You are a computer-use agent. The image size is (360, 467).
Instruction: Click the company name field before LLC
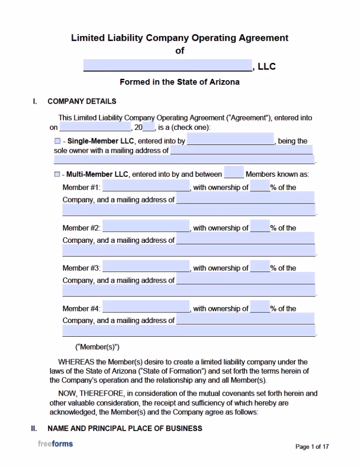coord(168,65)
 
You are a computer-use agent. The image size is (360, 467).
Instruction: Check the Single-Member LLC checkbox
coord(57,141)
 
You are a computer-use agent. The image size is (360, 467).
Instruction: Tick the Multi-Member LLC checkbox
coord(57,174)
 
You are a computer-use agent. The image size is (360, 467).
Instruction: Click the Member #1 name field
coord(146,186)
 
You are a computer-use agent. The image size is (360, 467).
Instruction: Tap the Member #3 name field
coord(146,267)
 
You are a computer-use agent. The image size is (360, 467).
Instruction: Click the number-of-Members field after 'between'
coord(234,173)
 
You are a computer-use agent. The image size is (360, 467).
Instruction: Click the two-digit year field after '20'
coord(149,127)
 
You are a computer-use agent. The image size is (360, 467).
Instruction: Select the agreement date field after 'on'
coord(95,127)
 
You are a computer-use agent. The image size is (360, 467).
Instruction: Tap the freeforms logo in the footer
coord(55,444)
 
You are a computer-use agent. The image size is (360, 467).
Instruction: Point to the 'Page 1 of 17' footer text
coord(312,447)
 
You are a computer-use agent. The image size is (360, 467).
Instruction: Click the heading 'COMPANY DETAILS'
coord(82,101)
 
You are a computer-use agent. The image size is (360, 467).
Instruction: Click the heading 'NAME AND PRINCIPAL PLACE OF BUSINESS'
coord(125,429)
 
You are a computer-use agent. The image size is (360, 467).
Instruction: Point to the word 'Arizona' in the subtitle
coord(224,82)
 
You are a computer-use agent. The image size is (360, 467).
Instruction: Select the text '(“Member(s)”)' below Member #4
coord(97,347)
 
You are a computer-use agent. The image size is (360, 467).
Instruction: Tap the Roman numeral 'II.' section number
coord(34,429)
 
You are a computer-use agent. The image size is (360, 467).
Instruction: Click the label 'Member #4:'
coord(81,309)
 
